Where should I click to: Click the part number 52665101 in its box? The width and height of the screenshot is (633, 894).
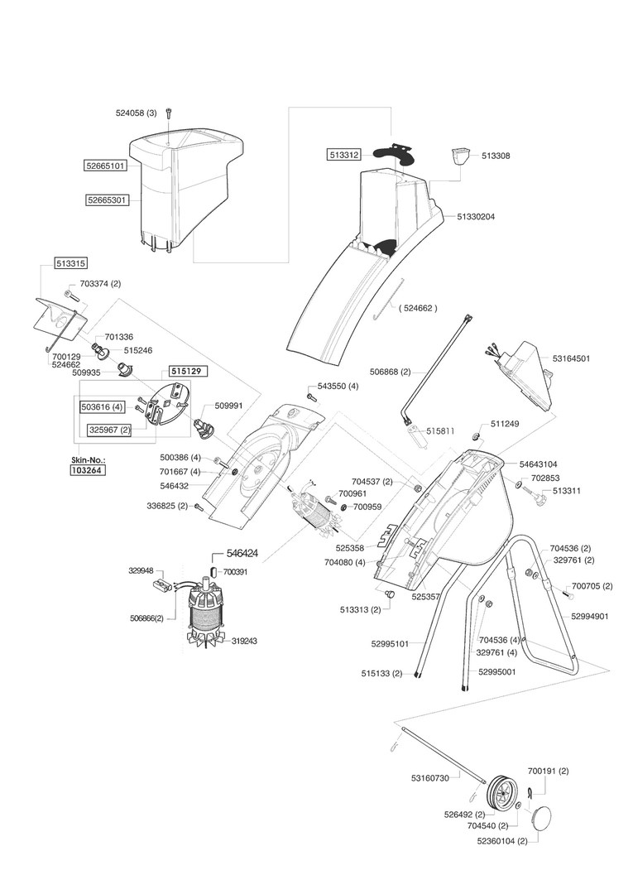105,166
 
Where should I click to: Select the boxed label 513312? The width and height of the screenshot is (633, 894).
343,153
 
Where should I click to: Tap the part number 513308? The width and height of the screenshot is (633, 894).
496,156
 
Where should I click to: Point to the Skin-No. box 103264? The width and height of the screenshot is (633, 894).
88,469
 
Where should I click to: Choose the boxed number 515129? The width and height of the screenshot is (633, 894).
188,372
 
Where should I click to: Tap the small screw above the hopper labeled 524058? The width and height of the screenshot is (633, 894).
169,113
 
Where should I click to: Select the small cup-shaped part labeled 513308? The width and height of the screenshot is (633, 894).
459,156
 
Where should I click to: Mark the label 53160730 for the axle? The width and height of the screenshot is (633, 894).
429,777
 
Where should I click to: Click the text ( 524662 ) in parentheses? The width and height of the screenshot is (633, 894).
417,308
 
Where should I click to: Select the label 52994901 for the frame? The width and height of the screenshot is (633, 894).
590,616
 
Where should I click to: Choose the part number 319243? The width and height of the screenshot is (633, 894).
244,640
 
